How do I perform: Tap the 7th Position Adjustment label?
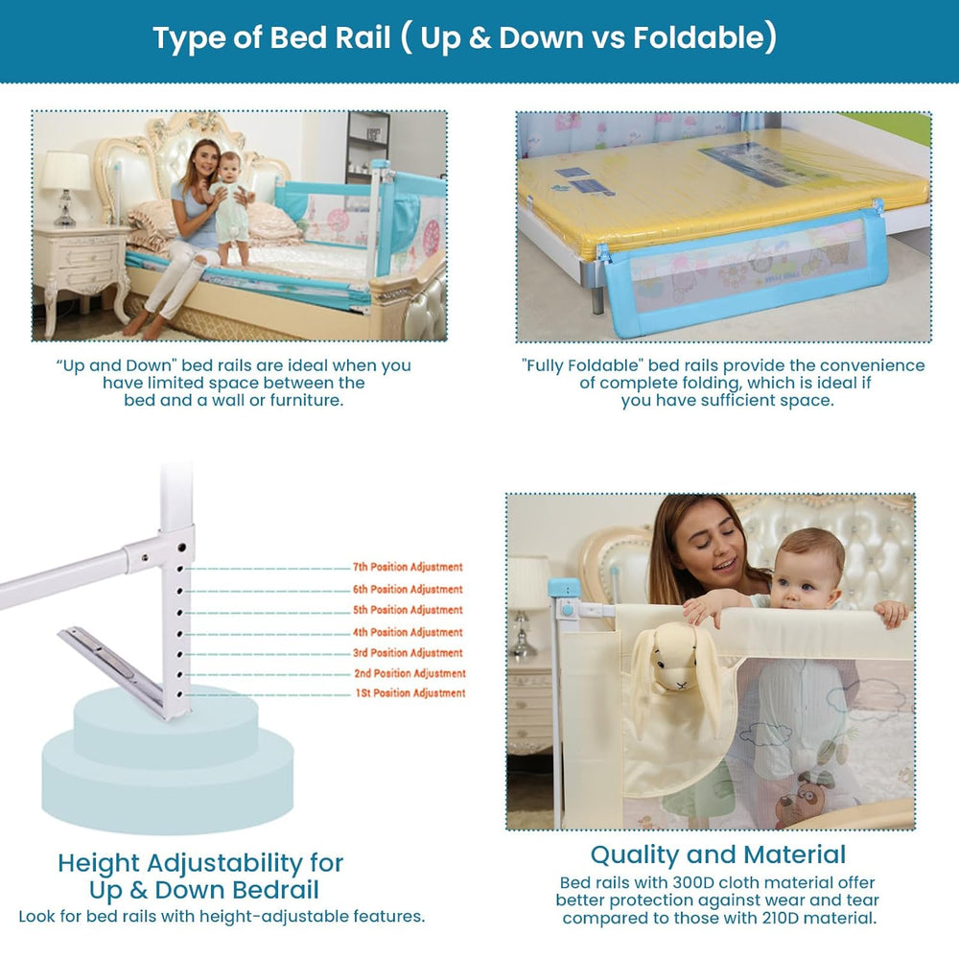408,568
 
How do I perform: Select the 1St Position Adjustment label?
410,693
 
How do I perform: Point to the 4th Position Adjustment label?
408,633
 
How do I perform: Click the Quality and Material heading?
718,854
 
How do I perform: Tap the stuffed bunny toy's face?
675,671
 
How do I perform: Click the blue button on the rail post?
568,608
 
